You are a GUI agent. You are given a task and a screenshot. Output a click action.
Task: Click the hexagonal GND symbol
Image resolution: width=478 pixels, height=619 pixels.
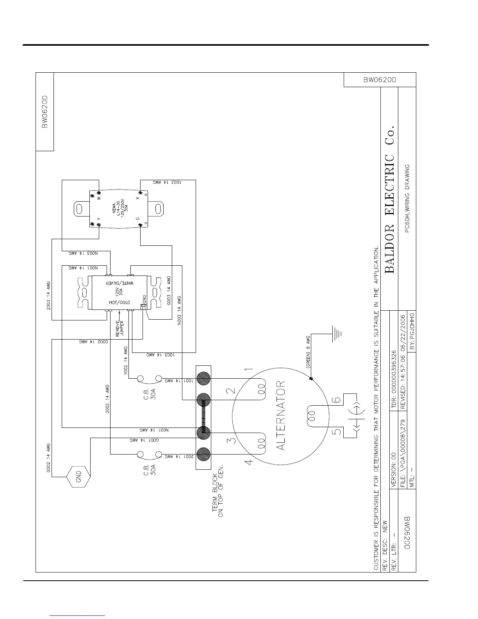pyautogui.click(x=78, y=477)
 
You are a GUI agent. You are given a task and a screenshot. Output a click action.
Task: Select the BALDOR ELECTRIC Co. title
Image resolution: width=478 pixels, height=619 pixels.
pyautogui.click(x=390, y=199)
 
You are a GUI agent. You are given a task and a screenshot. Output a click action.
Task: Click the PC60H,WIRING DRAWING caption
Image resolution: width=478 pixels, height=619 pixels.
pyautogui.click(x=407, y=199)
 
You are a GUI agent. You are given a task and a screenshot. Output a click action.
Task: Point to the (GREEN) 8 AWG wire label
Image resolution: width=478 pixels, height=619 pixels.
pyautogui.click(x=308, y=352)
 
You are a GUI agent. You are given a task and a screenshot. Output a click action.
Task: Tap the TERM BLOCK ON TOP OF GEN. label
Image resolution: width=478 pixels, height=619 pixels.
pyautogui.click(x=218, y=490)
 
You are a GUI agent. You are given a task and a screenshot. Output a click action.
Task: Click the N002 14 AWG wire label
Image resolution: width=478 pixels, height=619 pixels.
pyautogui.click(x=179, y=311)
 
